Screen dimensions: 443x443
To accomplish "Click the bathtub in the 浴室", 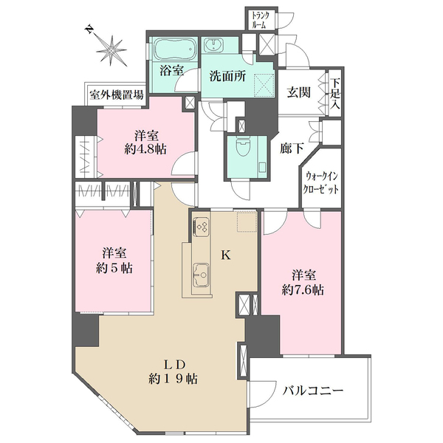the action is tap(174, 48).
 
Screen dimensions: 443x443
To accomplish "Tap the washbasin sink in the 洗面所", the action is tap(213, 45).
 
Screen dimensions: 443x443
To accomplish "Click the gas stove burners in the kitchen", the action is tap(202, 227).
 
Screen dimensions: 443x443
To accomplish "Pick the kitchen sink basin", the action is tap(202, 275).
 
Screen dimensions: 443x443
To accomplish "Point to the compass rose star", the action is tap(111, 51).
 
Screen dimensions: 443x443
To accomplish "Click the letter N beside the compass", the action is tap(89, 30).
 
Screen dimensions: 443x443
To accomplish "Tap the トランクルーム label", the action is tap(260, 20).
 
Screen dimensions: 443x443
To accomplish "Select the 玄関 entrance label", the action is tap(299, 92).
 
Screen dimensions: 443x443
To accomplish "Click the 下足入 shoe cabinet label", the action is tap(335, 95).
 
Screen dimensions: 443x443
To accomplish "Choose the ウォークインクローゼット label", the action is tap(320, 183).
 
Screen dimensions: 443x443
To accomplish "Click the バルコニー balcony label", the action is tap(313, 391).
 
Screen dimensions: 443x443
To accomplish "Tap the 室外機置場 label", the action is tap(117, 95).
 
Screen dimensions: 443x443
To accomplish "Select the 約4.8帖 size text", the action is tap(145, 149).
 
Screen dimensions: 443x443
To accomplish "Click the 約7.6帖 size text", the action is tap(303, 289).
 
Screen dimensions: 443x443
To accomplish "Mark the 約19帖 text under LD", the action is tap(173, 379).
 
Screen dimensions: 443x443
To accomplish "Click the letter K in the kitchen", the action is tap(225, 255).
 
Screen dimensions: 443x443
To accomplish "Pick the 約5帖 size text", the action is tap(114, 268).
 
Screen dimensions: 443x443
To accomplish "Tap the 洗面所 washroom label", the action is tap(227, 76).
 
